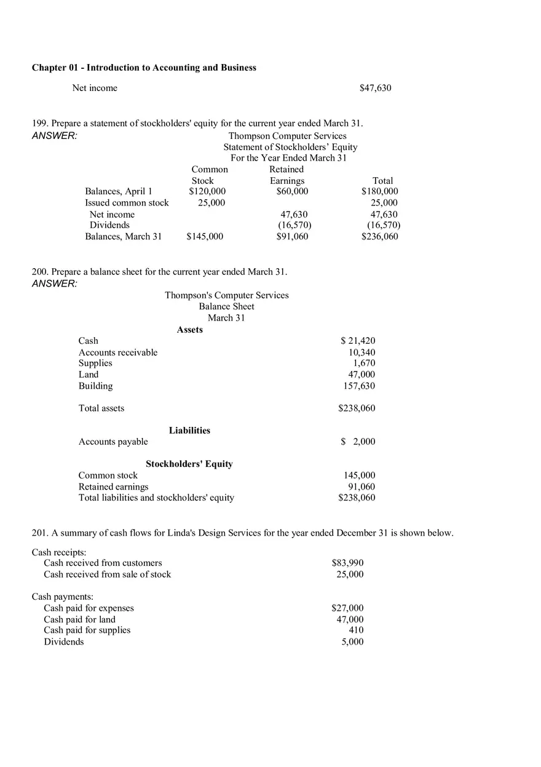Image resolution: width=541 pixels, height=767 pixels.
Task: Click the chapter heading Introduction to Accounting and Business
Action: pos(144,68)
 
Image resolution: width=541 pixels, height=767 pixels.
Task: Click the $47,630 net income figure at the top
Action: pos(375,88)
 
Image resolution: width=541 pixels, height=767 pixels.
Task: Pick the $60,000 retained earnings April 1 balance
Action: pos(292,191)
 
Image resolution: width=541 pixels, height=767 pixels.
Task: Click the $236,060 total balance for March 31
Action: pos(379,237)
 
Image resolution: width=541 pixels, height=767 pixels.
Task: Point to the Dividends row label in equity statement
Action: pos(109,225)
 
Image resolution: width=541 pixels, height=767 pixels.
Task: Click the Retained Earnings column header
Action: pos(286,175)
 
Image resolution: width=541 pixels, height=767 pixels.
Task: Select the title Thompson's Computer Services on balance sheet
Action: pos(226,295)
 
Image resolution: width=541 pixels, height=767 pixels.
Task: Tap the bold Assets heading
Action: pos(189,330)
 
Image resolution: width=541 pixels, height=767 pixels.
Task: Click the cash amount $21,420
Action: pos(358,341)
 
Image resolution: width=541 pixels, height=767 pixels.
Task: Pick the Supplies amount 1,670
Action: pos(364,363)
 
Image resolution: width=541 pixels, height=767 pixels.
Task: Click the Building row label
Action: pos(95,386)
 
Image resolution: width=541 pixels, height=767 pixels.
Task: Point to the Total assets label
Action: pos(101,408)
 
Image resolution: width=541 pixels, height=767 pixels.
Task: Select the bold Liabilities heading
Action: pos(189,431)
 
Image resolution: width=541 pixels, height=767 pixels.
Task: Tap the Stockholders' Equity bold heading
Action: pos(189,464)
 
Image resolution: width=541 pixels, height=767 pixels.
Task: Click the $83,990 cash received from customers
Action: pos(347,563)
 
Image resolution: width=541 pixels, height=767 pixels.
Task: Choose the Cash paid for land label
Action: pos(79,619)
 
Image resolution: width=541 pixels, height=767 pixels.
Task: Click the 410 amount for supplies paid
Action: pos(356,630)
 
